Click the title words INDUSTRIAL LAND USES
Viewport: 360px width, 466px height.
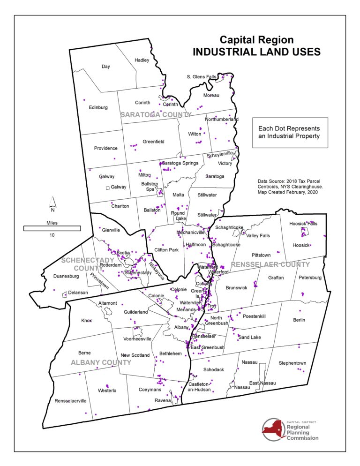(x=256, y=52)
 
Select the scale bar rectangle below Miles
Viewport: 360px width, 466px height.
(x=52, y=228)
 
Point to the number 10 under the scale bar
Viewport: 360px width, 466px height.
(x=52, y=235)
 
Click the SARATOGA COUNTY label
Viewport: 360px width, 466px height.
(x=156, y=114)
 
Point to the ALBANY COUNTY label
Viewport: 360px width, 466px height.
(x=101, y=362)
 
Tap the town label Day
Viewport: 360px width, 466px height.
(x=106, y=67)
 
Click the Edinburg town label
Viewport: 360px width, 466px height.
(x=98, y=107)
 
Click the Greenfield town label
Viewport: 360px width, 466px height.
(x=153, y=141)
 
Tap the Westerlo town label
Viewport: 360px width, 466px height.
(x=107, y=390)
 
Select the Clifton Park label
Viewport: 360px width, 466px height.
(x=166, y=250)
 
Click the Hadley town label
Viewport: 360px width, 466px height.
(x=142, y=60)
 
